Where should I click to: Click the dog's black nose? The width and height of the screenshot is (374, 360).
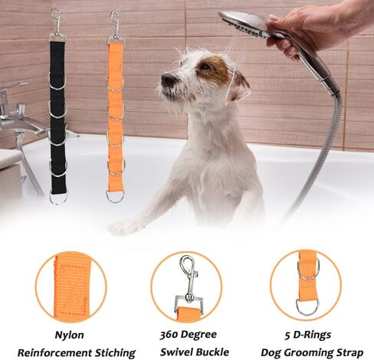(167, 80)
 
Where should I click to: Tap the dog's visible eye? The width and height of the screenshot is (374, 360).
(205, 67)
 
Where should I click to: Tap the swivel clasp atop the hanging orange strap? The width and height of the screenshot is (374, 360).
(116, 25)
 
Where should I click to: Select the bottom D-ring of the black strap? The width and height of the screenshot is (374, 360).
(57, 198)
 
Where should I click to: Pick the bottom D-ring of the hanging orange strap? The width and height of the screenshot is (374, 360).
(115, 197)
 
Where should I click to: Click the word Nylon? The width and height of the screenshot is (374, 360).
(70, 335)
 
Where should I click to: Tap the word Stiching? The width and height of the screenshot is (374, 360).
(116, 353)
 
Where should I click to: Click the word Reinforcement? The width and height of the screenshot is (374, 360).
(54, 353)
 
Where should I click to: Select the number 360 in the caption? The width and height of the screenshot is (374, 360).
(168, 335)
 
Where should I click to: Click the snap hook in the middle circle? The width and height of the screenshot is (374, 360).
(189, 277)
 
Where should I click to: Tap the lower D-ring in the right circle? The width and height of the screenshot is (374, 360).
(307, 308)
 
